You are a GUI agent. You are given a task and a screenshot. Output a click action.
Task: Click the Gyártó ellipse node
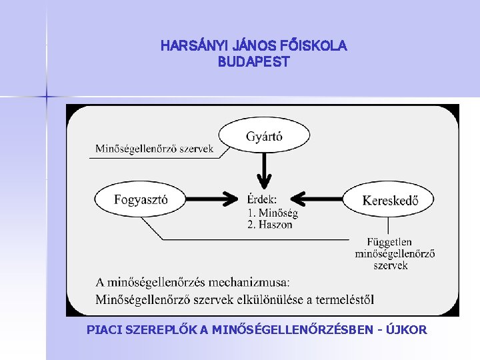tap(264, 136)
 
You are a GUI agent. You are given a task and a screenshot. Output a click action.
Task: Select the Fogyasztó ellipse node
tap(141, 199)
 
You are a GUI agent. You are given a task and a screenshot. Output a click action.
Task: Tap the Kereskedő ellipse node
tap(390, 199)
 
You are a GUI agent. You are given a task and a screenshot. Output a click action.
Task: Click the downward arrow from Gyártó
tap(264, 171)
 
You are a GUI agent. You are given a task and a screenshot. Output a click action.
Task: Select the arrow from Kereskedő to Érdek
tap(317, 199)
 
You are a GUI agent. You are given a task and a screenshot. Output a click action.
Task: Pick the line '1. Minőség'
tap(273, 213)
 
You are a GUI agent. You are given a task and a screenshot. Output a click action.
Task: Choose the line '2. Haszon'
tap(270, 225)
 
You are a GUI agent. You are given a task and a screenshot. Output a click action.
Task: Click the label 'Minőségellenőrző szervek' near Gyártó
tap(154, 149)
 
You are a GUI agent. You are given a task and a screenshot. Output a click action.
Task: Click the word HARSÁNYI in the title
tap(193, 46)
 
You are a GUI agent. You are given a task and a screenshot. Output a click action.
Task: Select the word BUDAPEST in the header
tap(253, 61)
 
